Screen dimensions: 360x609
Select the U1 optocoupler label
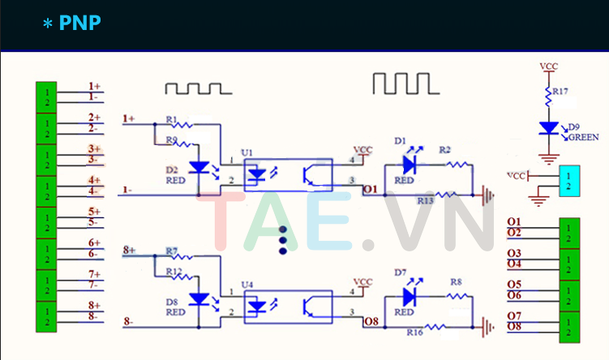[x=247, y=152]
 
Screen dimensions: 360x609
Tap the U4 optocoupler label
[x=247, y=285]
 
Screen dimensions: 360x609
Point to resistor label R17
[x=560, y=92]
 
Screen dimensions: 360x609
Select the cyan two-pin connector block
[x=569, y=182]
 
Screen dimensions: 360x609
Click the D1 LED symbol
[x=409, y=164]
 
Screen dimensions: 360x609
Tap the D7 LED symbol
[x=409, y=298]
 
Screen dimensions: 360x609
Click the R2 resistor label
[x=444, y=150]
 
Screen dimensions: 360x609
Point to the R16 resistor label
[x=414, y=332]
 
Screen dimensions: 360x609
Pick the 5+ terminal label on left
[x=94, y=212]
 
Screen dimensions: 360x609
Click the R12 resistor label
[x=173, y=271]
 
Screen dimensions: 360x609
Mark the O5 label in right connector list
[x=514, y=284]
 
